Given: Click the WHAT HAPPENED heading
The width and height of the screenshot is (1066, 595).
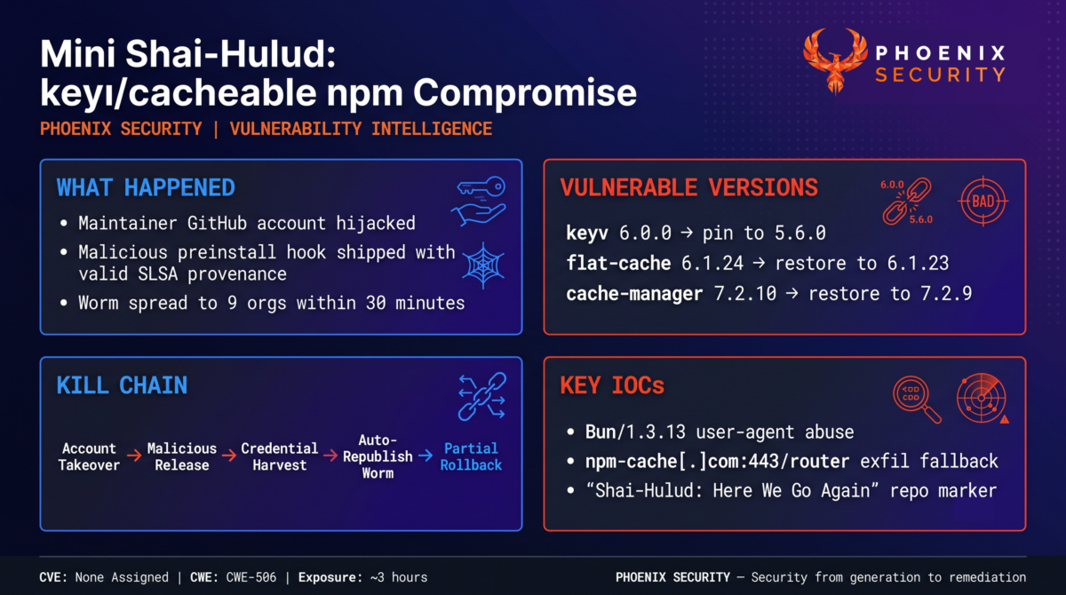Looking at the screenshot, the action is click(146, 187).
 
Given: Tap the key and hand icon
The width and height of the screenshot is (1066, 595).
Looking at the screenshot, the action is click(479, 202).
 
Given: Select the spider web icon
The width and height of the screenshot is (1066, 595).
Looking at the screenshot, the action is click(483, 266).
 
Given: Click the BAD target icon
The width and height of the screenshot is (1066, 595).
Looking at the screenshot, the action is click(982, 202).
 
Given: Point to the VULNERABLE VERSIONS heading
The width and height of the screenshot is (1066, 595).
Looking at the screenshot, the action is click(689, 187).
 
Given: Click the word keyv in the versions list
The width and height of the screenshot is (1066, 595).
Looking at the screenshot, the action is click(587, 233).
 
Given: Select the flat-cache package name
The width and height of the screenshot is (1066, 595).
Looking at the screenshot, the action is click(618, 263).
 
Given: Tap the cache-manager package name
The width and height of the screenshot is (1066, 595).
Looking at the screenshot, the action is click(634, 293).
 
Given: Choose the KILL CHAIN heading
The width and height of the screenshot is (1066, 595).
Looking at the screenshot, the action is click(122, 385).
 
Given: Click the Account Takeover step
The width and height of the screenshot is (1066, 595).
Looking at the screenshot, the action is click(89, 456).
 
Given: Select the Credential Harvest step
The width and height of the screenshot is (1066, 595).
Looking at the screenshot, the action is click(279, 456).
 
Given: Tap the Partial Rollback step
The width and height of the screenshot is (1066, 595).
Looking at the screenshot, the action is click(471, 456).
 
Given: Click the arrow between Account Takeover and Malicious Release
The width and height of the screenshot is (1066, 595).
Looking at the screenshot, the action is click(134, 456).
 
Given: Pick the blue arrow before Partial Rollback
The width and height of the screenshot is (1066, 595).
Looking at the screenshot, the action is click(426, 456).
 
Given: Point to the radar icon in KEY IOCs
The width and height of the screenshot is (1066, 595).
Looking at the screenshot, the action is click(982, 399).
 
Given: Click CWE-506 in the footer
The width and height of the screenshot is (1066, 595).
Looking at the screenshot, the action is click(251, 577).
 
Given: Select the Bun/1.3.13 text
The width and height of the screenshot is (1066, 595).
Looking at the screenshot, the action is click(635, 432).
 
